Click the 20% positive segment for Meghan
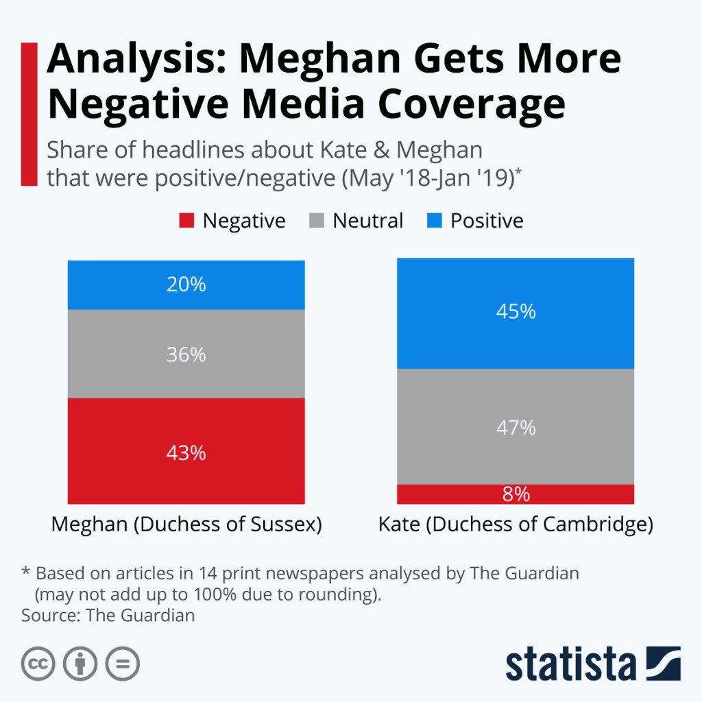(x=186, y=285)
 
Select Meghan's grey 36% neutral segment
(x=186, y=354)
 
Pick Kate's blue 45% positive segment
(x=516, y=313)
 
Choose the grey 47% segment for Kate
(x=516, y=426)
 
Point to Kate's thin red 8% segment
(x=516, y=494)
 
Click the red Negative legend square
(x=186, y=221)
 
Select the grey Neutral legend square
(x=317, y=221)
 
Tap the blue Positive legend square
(x=434, y=221)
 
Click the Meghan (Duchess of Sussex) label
(x=186, y=525)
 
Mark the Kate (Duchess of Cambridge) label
(x=516, y=525)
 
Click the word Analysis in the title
(x=130, y=60)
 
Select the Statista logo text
(x=571, y=664)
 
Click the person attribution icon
(x=80, y=664)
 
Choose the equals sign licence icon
(x=122, y=664)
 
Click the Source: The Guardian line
(x=108, y=615)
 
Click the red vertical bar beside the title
(x=29, y=114)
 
